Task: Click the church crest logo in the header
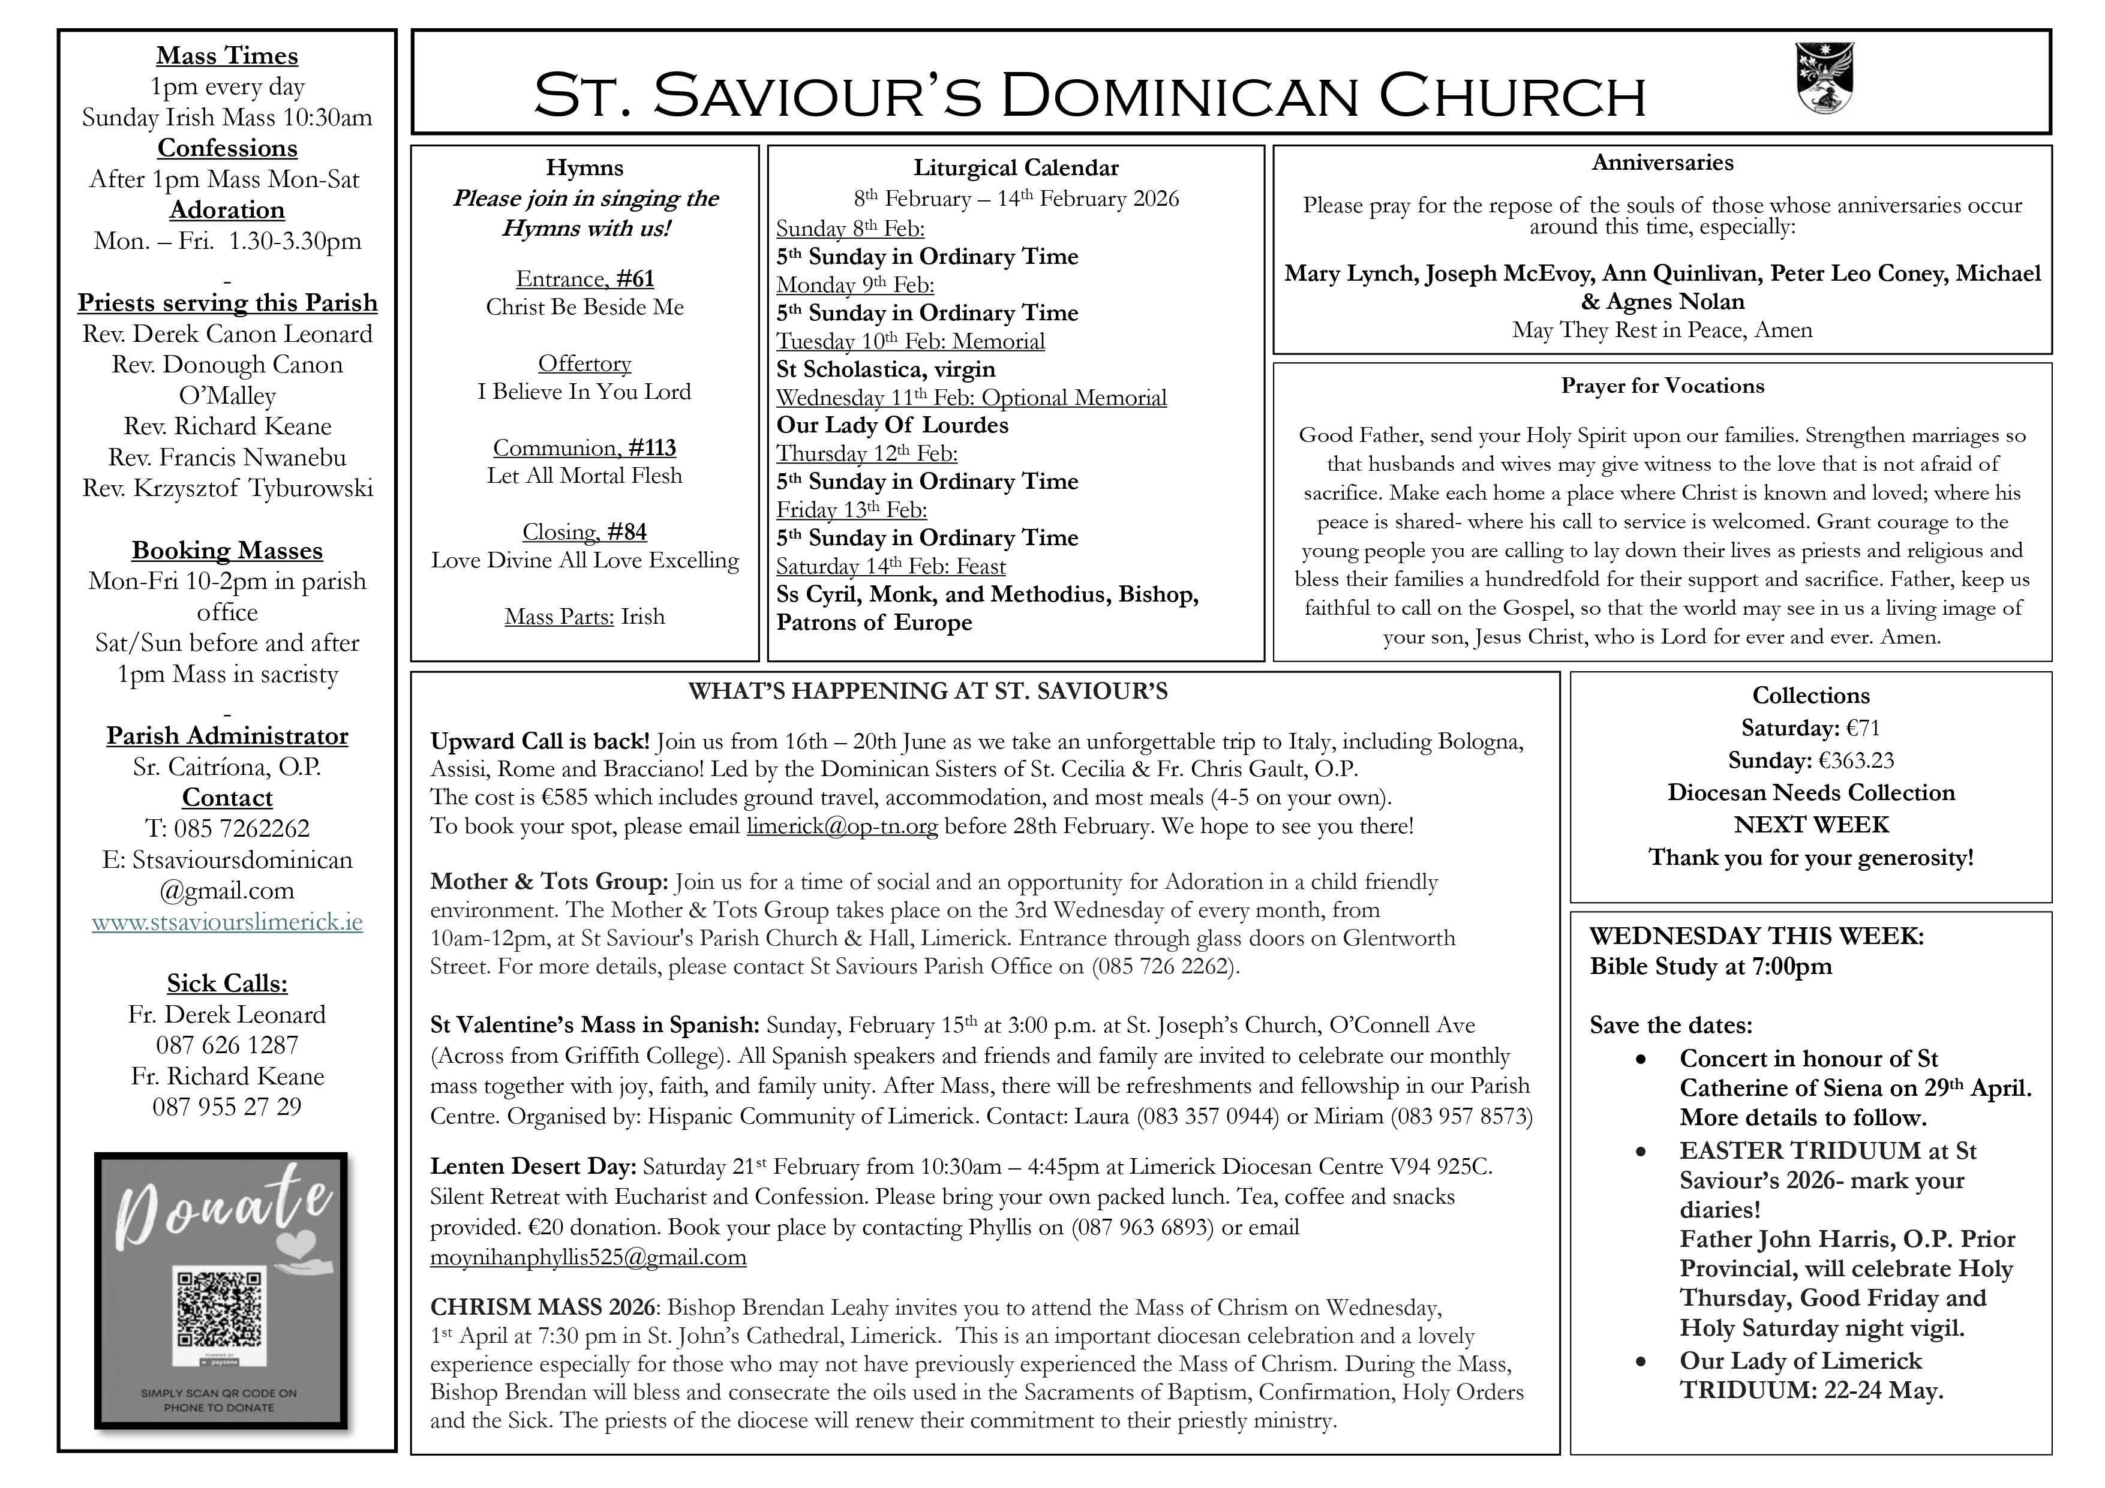pos(1825,79)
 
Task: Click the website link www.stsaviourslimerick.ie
pos(227,921)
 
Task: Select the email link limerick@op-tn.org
pos(842,826)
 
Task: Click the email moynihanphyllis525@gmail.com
pos(588,1257)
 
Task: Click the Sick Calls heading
pos(227,984)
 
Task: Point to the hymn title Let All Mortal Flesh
pos(585,476)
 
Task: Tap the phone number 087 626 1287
pos(227,1045)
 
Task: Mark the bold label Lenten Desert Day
pos(533,1167)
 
